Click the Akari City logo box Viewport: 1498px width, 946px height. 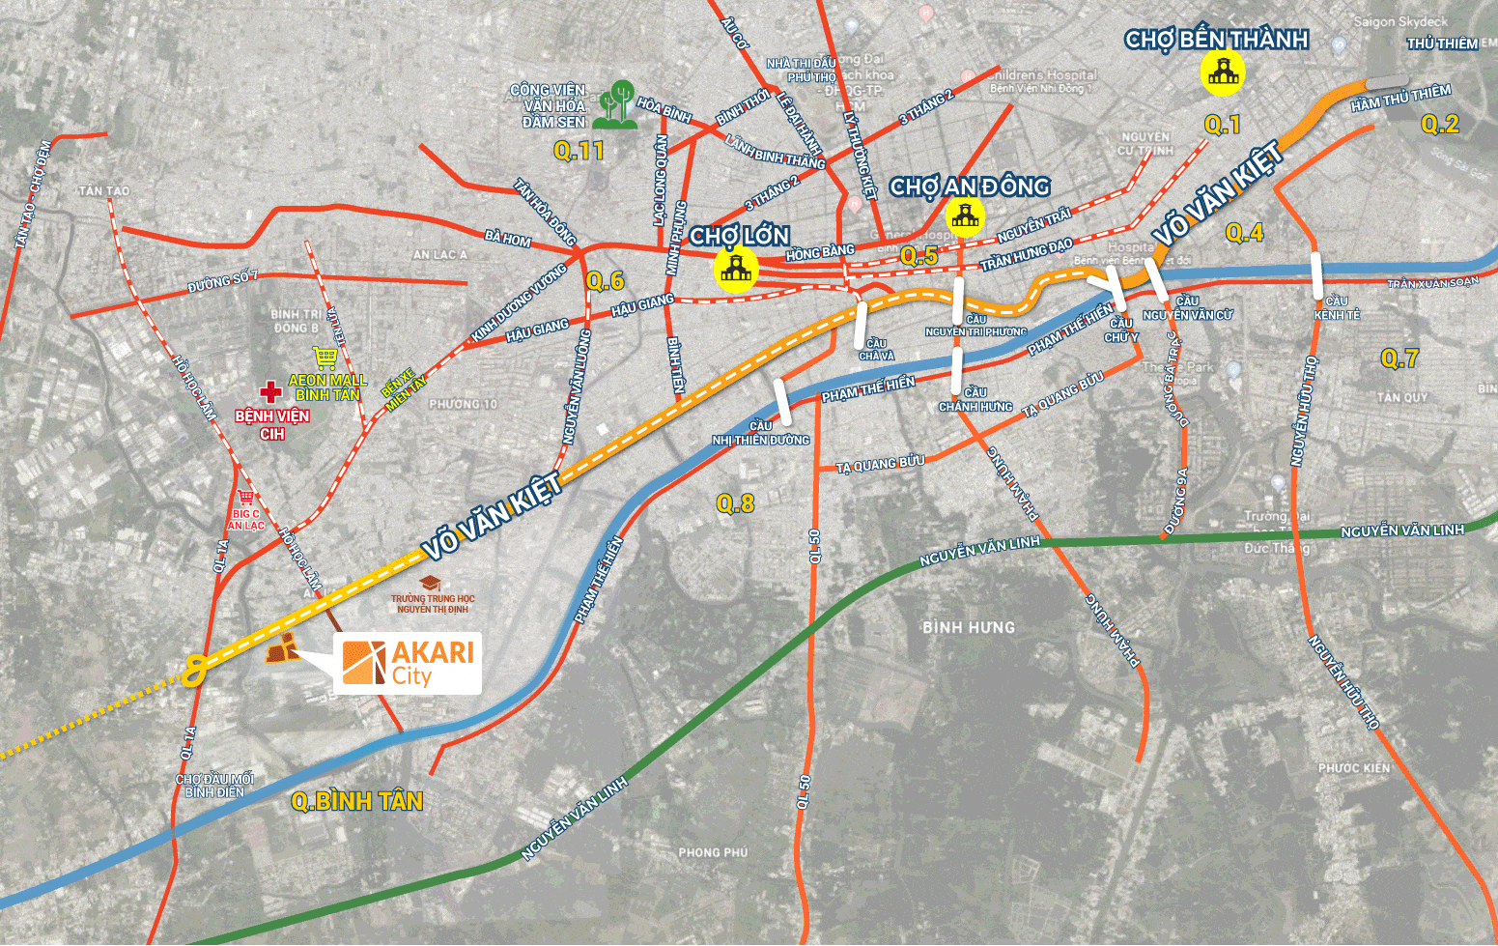tap(408, 663)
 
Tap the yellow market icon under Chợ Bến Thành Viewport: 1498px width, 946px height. tap(1222, 72)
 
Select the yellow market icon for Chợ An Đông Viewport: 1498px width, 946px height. tap(965, 216)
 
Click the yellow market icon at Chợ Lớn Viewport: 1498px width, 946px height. tap(736, 269)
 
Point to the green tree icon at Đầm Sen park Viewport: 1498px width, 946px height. tap(616, 105)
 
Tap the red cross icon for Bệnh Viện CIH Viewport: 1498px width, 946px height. tap(271, 392)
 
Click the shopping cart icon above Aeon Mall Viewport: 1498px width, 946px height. tap(325, 358)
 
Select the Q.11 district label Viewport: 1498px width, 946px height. tap(579, 151)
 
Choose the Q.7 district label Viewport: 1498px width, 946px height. tap(1399, 358)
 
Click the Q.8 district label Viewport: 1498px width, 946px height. tap(735, 503)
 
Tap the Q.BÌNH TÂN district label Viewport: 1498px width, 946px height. tap(357, 801)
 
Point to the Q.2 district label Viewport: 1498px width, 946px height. tap(1439, 124)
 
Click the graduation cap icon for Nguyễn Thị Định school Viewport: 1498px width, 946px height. tap(431, 583)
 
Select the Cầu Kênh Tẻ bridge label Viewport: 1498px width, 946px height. tap(1337, 307)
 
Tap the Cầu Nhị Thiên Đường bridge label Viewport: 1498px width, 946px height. tap(761, 433)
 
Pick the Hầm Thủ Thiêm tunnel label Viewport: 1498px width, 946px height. tap(1400, 98)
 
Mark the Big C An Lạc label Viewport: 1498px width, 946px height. tap(245, 520)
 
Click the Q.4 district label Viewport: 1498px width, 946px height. tap(1244, 232)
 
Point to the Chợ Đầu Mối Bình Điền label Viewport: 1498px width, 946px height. tap(214, 786)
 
